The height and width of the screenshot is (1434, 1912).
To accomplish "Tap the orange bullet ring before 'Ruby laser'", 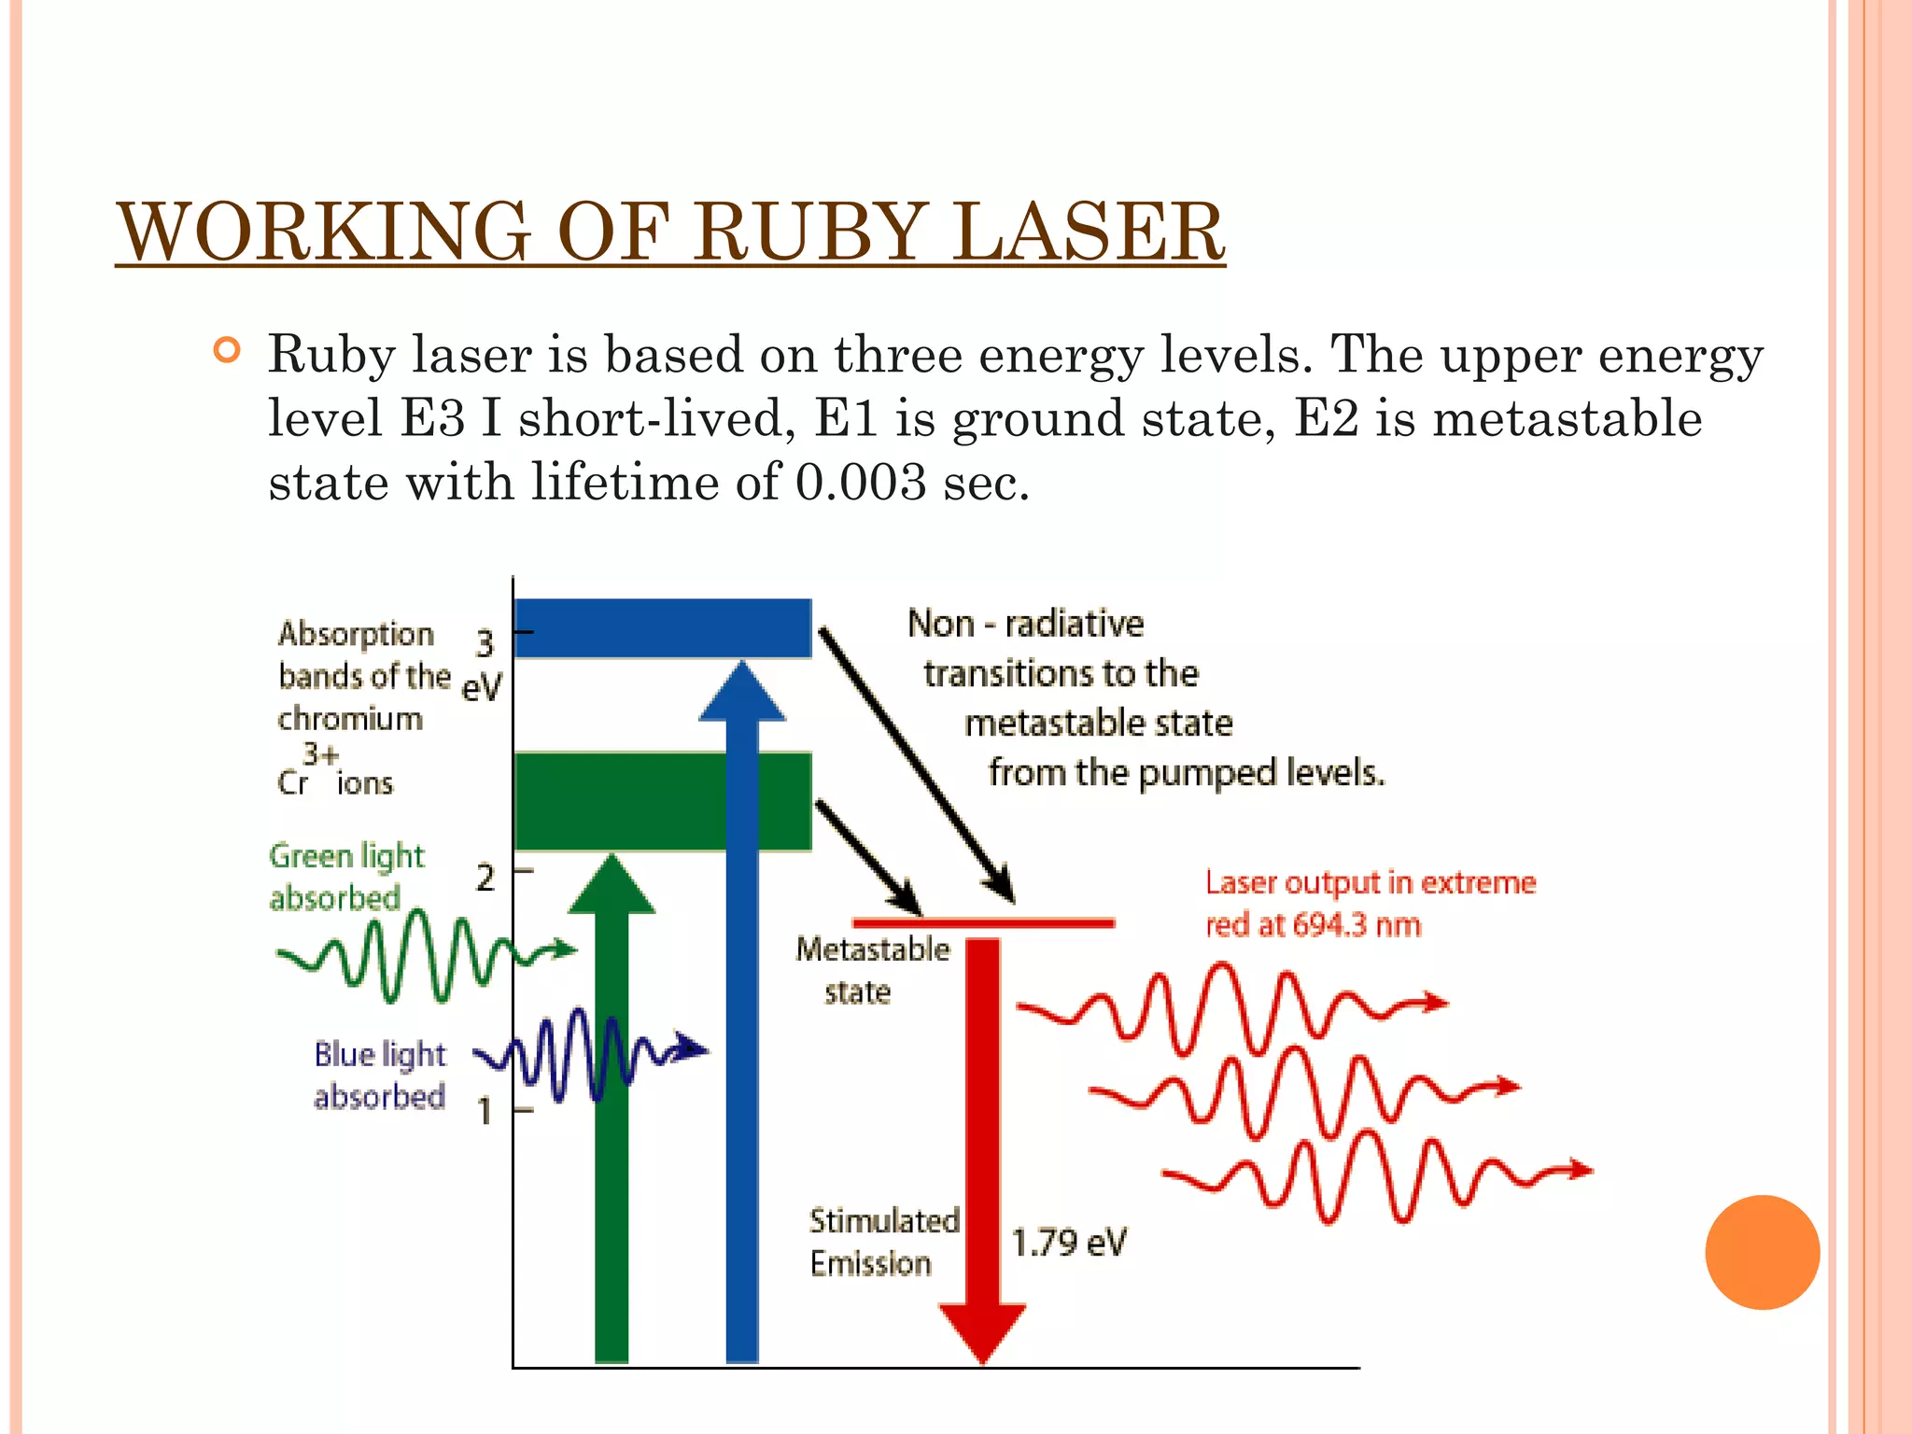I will coord(227,351).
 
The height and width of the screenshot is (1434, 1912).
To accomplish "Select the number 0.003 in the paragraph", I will coord(860,483).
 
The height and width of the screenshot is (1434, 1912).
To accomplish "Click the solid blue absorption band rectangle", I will coord(662,628).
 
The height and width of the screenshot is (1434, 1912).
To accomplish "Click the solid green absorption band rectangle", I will coord(662,801).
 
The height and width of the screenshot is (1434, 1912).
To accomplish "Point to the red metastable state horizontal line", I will coord(983,922).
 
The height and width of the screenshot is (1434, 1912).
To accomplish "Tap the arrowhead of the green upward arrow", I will coord(612,885).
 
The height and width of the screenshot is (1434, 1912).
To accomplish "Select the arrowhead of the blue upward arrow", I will coord(742,692).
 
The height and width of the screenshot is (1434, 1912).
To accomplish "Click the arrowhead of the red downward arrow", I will coord(982,1330).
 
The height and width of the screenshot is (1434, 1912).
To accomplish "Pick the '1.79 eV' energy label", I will coord(1069,1243).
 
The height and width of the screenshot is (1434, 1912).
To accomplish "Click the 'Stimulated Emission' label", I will coord(883,1242).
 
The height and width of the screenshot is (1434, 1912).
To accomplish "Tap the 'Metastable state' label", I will coord(872,970).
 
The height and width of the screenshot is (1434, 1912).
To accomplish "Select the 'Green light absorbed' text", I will coord(346,877).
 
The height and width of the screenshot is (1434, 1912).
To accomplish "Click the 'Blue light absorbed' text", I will coord(380,1075).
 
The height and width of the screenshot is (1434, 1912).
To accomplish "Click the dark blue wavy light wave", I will coord(588,1055).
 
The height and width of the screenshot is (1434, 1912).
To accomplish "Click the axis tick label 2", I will coord(485,878).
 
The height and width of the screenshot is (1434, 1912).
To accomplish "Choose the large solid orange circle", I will coord(1762,1252).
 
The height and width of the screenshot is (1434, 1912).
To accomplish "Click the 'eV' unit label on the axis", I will coord(482,687).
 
